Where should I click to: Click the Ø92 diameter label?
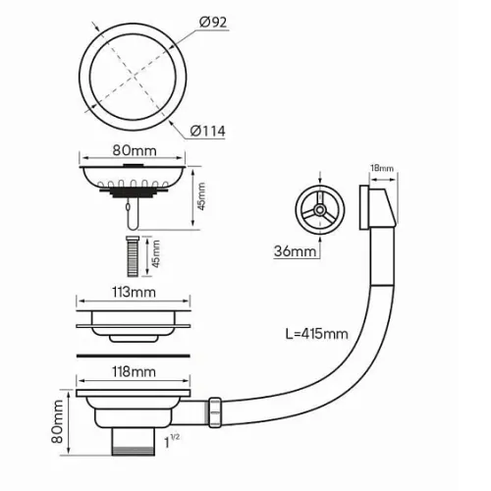coord(213,23)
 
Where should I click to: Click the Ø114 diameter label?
coord(208,131)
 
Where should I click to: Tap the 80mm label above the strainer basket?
coord(135,150)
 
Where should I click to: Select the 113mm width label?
coord(134,292)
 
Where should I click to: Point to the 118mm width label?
coord(134,371)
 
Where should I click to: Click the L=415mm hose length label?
coord(316,334)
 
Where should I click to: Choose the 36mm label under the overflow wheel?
coord(296,251)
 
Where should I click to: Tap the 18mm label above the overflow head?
coord(382,168)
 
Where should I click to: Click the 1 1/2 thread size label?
coord(171,441)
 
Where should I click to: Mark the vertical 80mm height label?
coord(58,421)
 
